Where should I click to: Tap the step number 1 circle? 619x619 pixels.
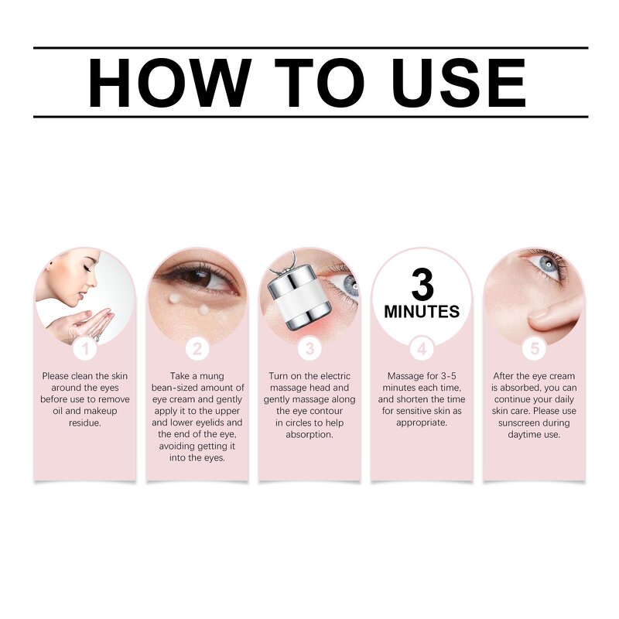click(85, 349)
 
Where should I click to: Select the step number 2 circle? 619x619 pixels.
click(197, 349)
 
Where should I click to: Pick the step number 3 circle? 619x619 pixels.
click(309, 349)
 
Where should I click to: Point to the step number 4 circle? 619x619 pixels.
click(422, 349)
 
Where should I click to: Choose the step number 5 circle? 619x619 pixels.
click(534, 349)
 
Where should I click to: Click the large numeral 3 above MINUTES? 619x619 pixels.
click(422, 285)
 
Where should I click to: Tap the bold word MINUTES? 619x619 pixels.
click(422, 312)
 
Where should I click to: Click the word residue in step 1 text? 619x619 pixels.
click(85, 423)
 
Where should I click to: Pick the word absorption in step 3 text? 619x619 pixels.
click(309, 435)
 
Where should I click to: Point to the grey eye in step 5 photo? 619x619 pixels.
click(549, 264)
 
